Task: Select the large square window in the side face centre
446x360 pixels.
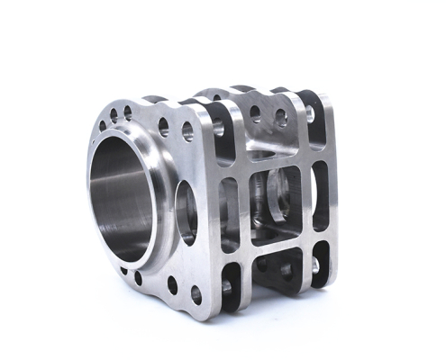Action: click(x=276, y=203)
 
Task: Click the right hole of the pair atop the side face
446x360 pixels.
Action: click(x=281, y=116)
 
